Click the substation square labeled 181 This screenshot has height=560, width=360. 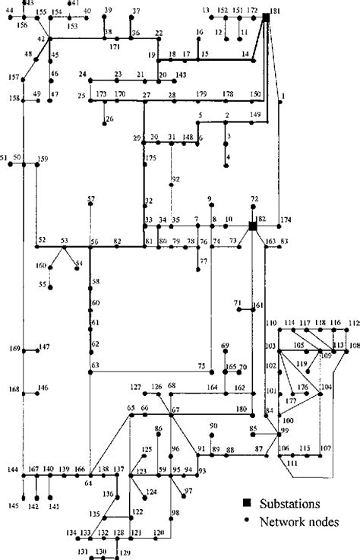(x=266, y=17)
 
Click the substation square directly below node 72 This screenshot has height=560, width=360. (x=253, y=226)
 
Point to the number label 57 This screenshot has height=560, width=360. (x=91, y=199)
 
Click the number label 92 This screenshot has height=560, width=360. (x=175, y=179)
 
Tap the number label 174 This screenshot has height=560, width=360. (x=286, y=220)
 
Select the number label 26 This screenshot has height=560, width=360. (x=110, y=119)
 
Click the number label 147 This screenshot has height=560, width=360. (x=44, y=346)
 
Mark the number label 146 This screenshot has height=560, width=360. (x=43, y=388)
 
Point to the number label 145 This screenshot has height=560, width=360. (x=14, y=505)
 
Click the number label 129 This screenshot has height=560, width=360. (x=125, y=552)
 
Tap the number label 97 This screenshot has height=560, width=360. (x=188, y=492)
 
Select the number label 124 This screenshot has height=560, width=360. (x=152, y=492)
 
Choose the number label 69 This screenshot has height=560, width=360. (x=225, y=346)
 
